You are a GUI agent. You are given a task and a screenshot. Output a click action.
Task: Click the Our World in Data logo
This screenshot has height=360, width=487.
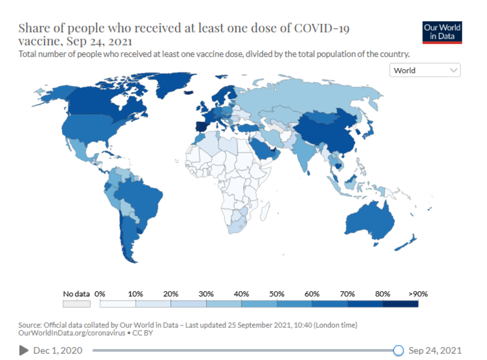pyautogui.click(x=442, y=32)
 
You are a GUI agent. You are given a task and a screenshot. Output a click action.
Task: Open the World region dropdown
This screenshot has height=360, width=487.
pyautogui.click(x=424, y=71)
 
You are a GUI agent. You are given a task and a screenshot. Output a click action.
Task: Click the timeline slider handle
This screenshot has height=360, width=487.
pyautogui.click(x=399, y=350)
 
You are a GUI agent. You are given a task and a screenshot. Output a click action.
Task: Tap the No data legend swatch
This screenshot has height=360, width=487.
pyautogui.click(x=77, y=304)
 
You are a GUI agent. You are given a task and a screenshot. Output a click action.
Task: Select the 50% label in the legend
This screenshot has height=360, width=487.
pyautogui.click(x=276, y=294)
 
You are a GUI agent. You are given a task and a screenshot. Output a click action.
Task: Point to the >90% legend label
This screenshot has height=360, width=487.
pyautogui.click(x=418, y=294)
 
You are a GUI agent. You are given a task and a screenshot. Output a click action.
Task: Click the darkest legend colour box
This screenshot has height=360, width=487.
pyautogui.click(x=400, y=304)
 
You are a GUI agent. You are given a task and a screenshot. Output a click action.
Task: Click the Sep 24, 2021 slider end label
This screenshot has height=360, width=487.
pyautogui.click(x=435, y=350)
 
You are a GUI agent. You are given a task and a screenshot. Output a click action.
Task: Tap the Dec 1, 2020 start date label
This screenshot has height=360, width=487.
pyautogui.click(x=58, y=350)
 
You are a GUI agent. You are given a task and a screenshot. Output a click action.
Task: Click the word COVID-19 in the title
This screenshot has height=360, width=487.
pyautogui.click(x=322, y=28)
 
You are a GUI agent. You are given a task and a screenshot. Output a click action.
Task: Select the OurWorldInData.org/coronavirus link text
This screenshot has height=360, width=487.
pyautogui.click(x=72, y=333)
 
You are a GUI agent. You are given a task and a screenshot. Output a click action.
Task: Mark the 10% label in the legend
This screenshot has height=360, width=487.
pyautogui.click(x=135, y=294)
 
